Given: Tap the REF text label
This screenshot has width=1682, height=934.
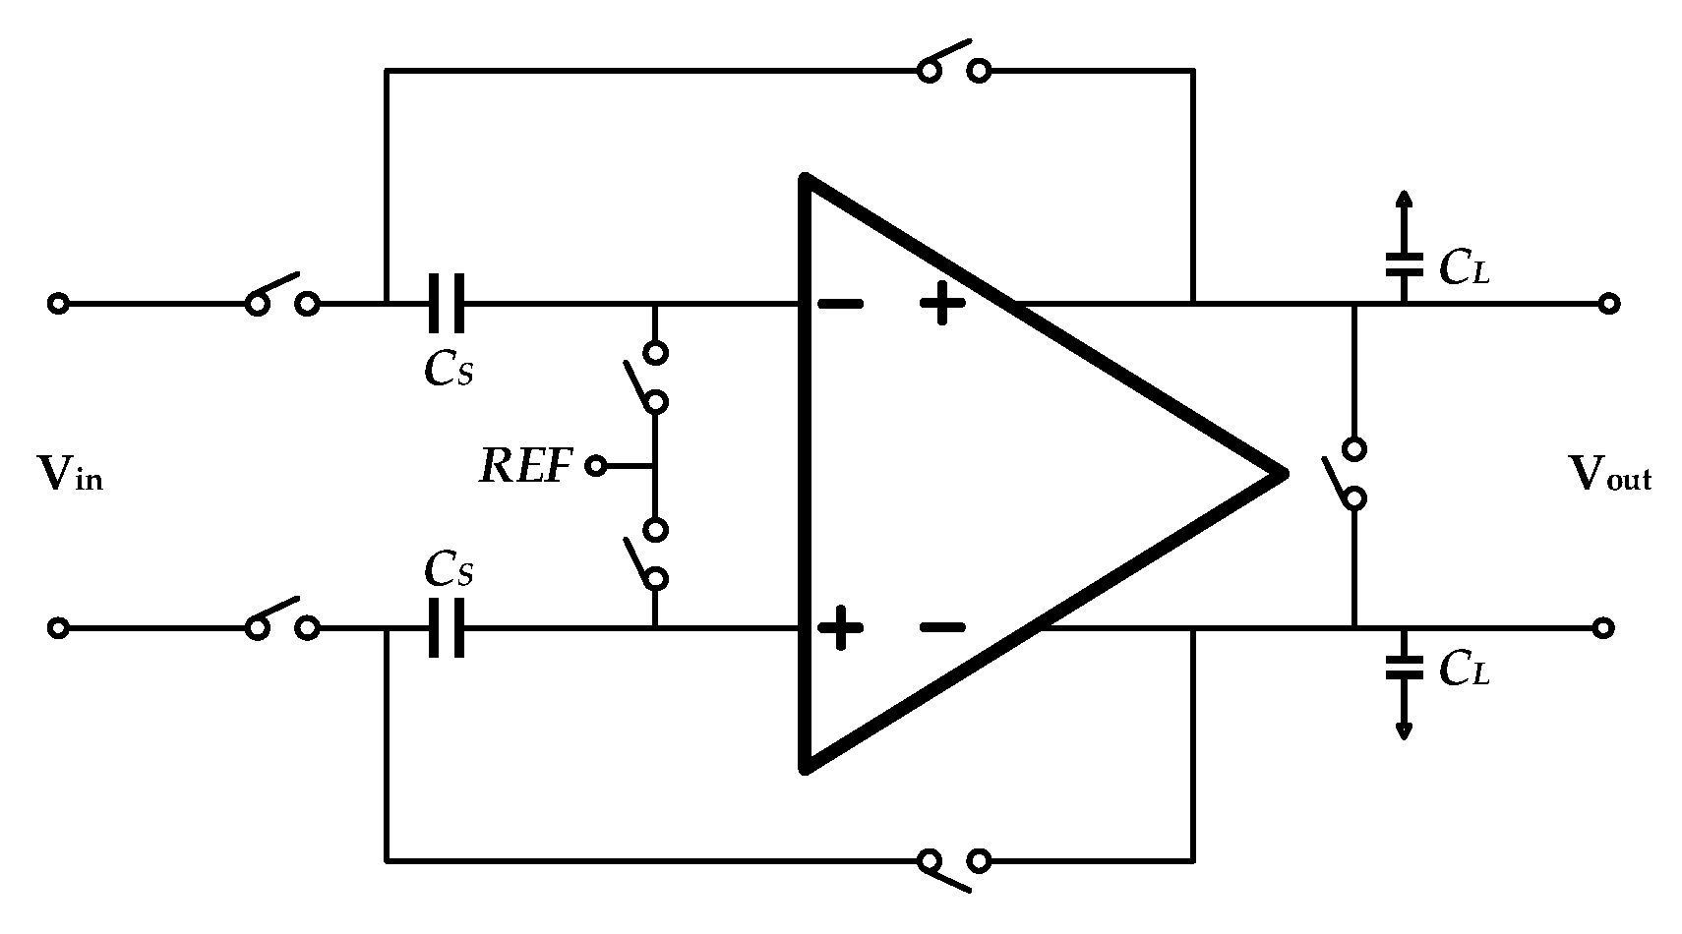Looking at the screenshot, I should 525,466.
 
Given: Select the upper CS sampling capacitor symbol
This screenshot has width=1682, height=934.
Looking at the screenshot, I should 446,304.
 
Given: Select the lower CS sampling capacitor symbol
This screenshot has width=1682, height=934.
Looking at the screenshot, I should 446,627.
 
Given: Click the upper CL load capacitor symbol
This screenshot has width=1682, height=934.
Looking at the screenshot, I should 1404,263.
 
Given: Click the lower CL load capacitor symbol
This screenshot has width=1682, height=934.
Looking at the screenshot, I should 1404,668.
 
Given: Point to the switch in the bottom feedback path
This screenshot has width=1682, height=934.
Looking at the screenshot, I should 952,868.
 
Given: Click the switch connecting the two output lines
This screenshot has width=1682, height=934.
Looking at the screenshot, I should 1348,474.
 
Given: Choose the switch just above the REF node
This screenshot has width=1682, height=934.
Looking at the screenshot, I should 648,377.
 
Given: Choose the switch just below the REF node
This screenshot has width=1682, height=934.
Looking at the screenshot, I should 648,554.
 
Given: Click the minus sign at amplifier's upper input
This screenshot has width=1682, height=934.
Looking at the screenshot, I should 841,304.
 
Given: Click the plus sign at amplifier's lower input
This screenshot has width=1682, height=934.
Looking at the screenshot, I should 841,627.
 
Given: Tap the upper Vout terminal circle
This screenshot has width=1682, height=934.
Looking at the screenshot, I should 1608,304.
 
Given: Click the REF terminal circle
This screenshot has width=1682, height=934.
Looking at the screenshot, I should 595,465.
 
